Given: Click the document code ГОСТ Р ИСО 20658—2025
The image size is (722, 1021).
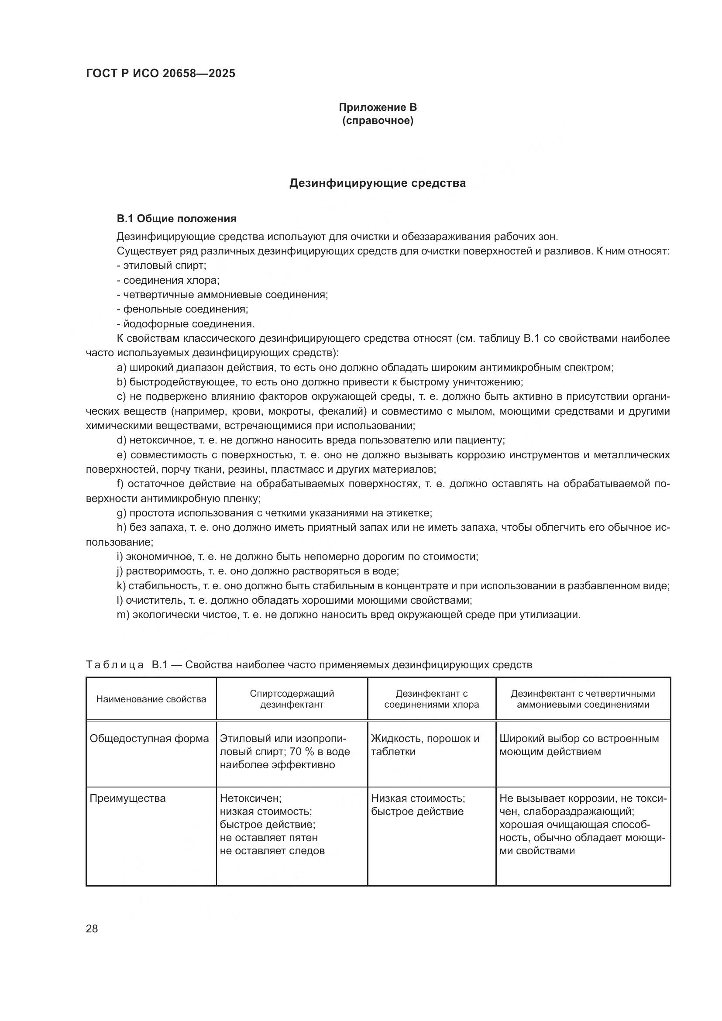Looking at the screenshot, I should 161,74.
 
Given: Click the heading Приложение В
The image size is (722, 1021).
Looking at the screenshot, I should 378,107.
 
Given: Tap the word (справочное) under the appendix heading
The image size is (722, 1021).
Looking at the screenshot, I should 378,121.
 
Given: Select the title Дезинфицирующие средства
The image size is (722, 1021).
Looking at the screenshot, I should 378,183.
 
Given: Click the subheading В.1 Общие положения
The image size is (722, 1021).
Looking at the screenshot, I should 176,219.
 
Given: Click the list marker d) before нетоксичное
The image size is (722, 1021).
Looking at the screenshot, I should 121,440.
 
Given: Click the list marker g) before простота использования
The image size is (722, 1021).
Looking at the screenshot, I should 121,513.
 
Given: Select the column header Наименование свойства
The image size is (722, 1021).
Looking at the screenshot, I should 151,699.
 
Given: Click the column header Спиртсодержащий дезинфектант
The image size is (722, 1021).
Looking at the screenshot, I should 292,699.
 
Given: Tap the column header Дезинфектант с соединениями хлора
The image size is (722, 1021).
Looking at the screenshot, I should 431,699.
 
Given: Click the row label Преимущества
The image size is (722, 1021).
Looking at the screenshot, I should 127,798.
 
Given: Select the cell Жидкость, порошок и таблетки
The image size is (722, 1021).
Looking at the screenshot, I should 425,745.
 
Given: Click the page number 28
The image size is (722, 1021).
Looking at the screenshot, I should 92,929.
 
